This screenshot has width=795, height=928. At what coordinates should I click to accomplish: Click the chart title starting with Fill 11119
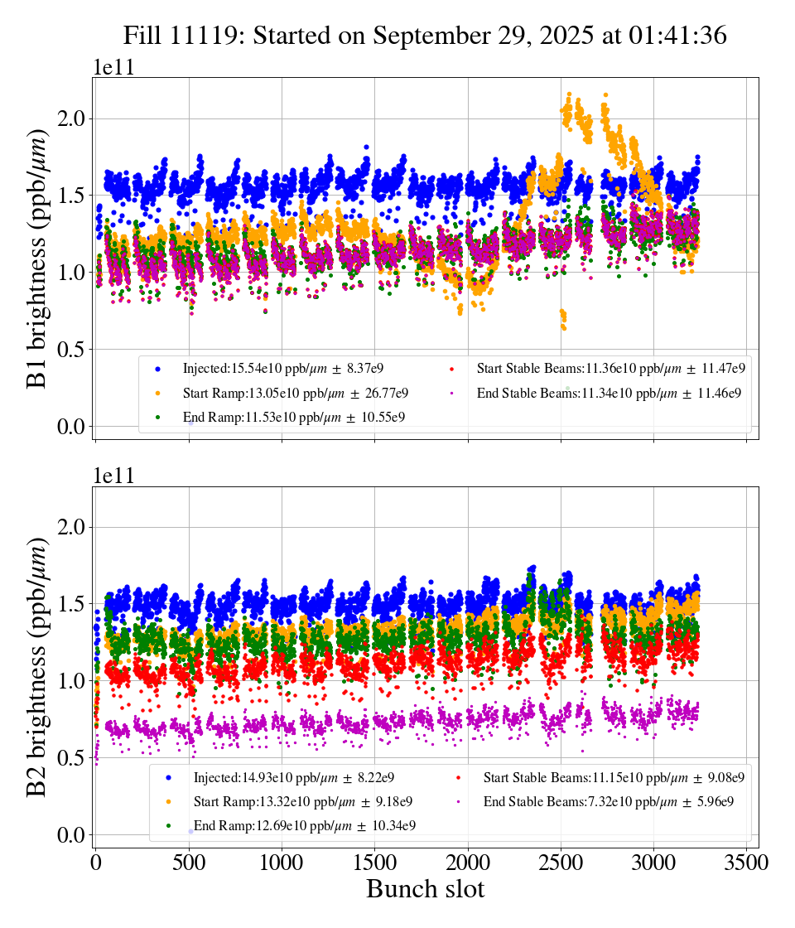coord(425,36)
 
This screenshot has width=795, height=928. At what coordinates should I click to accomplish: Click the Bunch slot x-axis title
coord(425,890)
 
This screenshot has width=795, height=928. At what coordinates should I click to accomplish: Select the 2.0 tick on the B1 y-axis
coord(73,118)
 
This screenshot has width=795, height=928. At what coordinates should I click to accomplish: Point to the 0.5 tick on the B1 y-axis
coord(73,350)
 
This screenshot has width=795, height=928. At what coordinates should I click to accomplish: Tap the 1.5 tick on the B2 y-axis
coord(73,604)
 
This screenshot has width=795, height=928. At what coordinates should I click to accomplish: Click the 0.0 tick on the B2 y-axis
coord(73,835)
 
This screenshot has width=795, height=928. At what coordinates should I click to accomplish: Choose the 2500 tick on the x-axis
coord(561,863)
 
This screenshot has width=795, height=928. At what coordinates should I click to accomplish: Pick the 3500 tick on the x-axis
coord(748,863)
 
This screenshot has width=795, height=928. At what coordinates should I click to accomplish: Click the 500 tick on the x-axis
coord(189,863)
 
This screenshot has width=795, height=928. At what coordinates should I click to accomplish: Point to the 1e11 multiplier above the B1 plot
coord(113,68)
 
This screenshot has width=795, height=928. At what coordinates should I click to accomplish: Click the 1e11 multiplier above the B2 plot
coord(113,476)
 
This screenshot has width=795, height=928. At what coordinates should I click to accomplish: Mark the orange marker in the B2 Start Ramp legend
coord(168,802)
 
